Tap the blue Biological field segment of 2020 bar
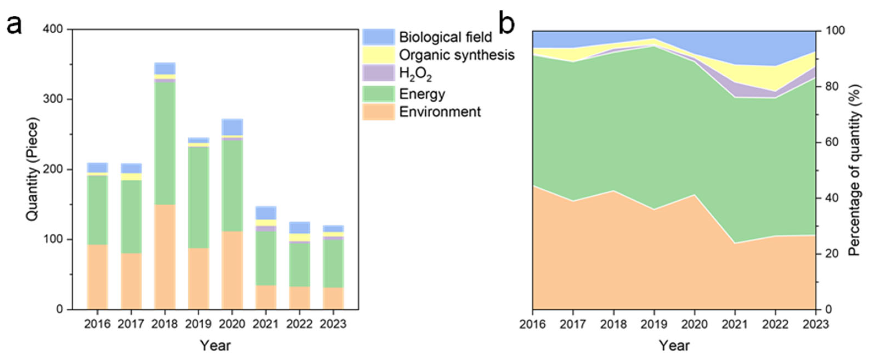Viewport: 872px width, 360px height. click(x=232, y=127)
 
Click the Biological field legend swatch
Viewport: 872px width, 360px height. click(x=378, y=37)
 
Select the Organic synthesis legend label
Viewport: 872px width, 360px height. click(x=457, y=55)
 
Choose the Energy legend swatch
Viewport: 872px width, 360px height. click(x=378, y=94)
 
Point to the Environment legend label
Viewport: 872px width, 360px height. click(x=440, y=112)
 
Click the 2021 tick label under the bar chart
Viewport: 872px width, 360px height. click(x=266, y=324)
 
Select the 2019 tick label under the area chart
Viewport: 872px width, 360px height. click(x=654, y=324)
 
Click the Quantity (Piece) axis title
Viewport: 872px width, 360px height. click(x=32, y=169)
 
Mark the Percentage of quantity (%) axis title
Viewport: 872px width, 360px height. click(x=855, y=169)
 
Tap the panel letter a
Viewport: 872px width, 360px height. click(x=14, y=25)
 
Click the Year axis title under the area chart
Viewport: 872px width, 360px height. click(x=674, y=346)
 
